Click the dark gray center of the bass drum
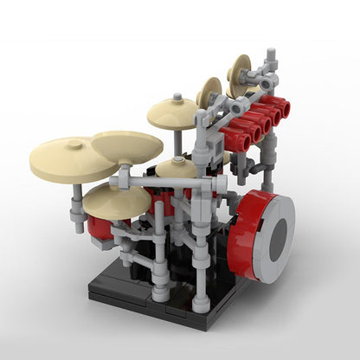point(277,240)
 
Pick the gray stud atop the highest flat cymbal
point(177,98)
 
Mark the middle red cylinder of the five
point(259,121)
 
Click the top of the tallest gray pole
point(271,56)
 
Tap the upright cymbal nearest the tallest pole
point(240,76)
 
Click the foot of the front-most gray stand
point(201,304)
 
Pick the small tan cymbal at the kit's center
point(177,167)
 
